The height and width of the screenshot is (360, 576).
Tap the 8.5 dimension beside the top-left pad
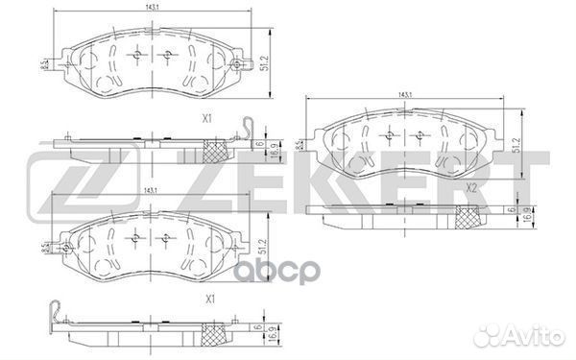44,64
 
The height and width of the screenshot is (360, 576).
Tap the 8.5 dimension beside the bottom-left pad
44,248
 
